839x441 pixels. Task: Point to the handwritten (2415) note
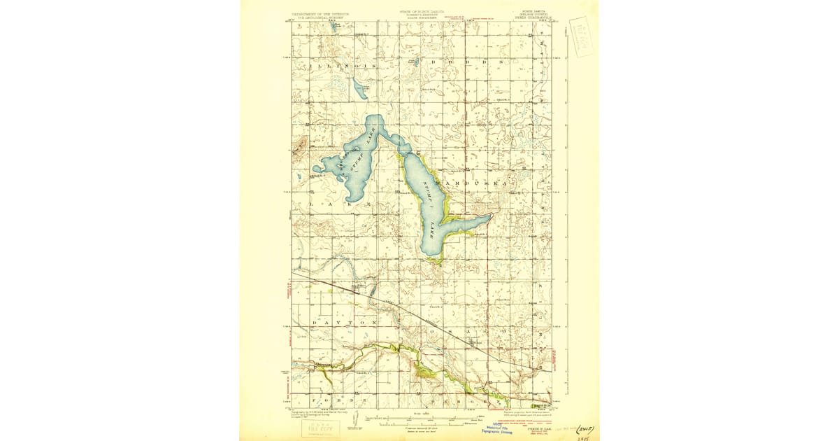[587, 426]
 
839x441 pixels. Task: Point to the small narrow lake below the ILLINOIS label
[358, 90]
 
